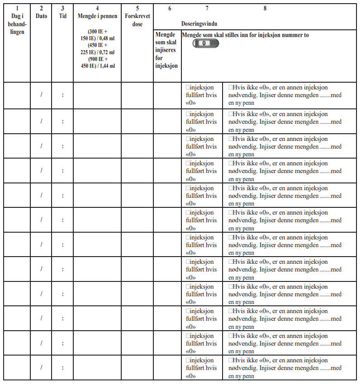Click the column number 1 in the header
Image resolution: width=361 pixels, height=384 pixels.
click(x=17, y=8)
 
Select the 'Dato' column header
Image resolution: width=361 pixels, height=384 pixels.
click(x=41, y=16)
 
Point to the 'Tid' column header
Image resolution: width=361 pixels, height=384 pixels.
click(x=62, y=16)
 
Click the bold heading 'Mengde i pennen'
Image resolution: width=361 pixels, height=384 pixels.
click(x=97, y=16)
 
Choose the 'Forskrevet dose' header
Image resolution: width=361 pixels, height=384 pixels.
click(x=137, y=20)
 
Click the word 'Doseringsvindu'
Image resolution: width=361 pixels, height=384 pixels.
click(x=199, y=23)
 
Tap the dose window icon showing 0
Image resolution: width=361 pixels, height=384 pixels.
click(x=205, y=43)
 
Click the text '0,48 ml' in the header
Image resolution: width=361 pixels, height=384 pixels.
click(x=105, y=38)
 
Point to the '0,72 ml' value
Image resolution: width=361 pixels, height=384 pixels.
click(x=105, y=52)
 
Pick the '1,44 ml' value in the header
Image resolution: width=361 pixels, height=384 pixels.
click(x=105, y=66)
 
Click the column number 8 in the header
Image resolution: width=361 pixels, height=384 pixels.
click(x=265, y=8)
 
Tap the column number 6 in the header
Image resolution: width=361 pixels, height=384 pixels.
click(x=169, y=8)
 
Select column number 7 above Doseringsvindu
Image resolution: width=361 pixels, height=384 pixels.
click(x=207, y=8)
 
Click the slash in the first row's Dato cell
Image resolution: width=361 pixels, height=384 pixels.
click(x=41, y=95)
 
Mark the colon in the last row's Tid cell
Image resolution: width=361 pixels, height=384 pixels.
click(x=62, y=368)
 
